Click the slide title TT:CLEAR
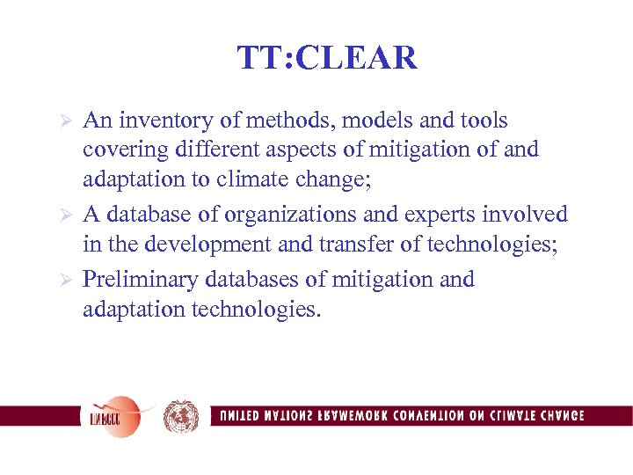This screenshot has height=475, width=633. pyautogui.click(x=326, y=58)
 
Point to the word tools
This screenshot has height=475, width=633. pyautogui.click(x=482, y=121)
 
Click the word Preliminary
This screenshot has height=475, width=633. pyautogui.click(x=141, y=280)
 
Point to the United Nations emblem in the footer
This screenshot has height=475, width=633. pyautogui.click(x=181, y=416)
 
